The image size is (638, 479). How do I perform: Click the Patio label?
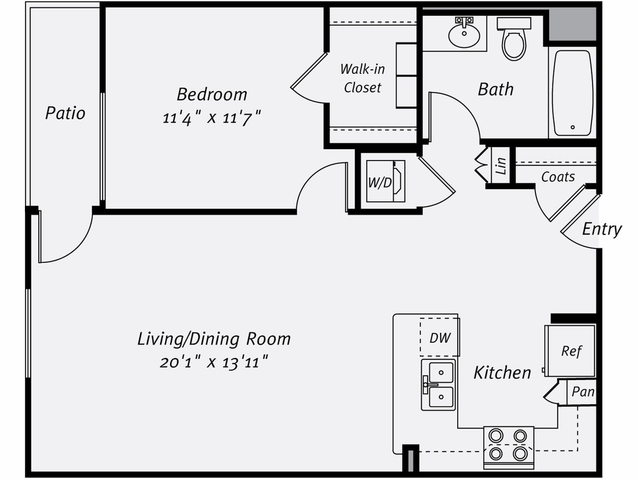click(x=65, y=113)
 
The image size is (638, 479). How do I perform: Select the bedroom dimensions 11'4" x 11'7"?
click(x=212, y=119)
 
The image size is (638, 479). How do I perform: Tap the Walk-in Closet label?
click(x=362, y=78)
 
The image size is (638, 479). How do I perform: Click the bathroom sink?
click(x=464, y=35)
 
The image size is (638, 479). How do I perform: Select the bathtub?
click(x=572, y=93)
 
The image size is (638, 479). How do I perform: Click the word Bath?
click(x=496, y=89)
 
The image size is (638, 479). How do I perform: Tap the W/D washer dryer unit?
click(x=385, y=182)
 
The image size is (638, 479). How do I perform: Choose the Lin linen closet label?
click(x=501, y=166)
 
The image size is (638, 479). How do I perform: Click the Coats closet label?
click(x=557, y=177)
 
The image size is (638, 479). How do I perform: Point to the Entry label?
click(x=602, y=229)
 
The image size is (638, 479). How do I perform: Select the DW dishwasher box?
click(x=440, y=338)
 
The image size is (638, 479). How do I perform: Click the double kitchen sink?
click(x=438, y=384)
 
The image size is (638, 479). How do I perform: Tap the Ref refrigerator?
click(x=571, y=351)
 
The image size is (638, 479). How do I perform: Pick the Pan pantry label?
click(x=582, y=392)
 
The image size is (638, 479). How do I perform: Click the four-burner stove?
click(x=508, y=445)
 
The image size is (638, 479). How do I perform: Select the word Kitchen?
click(x=502, y=373)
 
